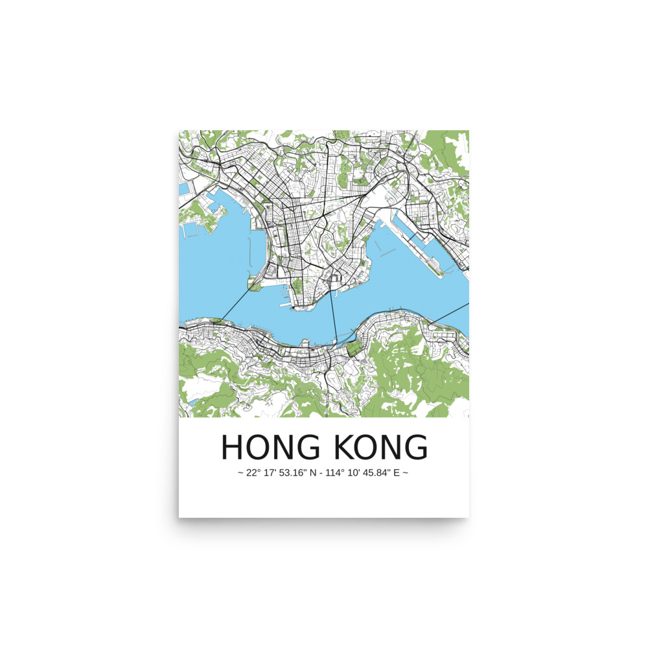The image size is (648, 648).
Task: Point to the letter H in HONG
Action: pos(232,447)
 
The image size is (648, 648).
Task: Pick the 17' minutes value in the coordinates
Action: pos(272,473)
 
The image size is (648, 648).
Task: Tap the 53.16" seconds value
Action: pos(295,473)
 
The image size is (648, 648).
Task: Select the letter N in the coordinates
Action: pos(314,473)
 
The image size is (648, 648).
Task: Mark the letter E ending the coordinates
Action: pos(398,473)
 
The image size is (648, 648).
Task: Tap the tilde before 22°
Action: pos(241,473)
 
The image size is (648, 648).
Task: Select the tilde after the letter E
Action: pos(406,473)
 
